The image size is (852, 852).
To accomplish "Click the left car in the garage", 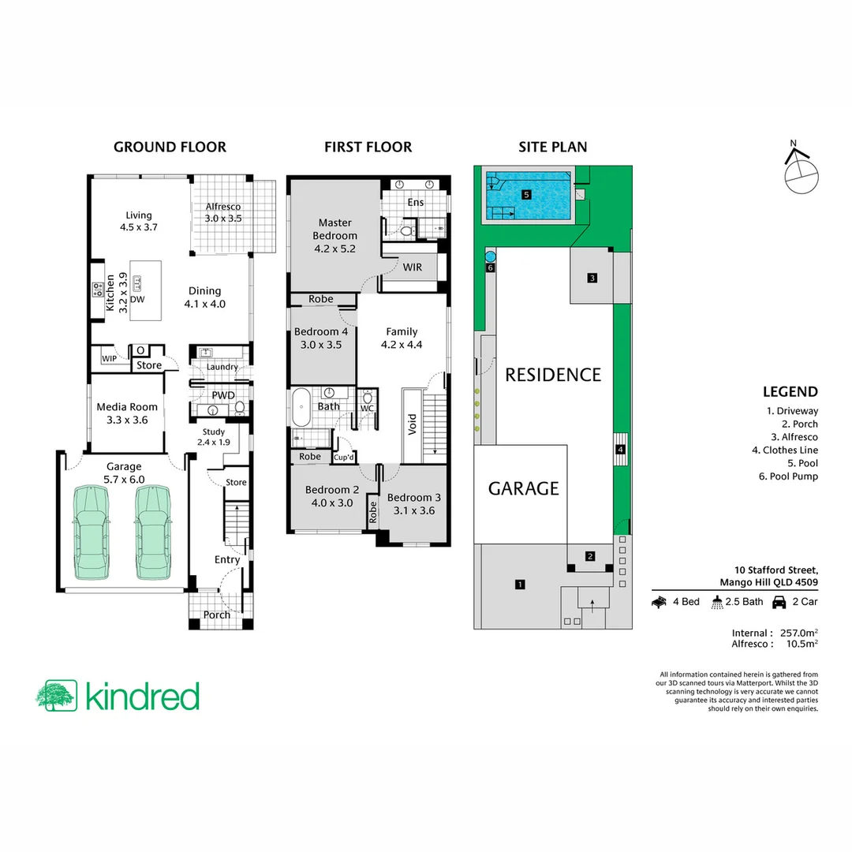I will [90, 532].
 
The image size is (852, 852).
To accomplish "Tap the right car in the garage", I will [153, 532].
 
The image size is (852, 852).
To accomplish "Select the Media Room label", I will [127, 413].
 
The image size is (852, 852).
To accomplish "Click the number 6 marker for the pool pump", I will [490, 268].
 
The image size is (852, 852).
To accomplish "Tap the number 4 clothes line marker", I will [621, 450].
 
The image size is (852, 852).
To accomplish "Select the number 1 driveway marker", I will [519, 585].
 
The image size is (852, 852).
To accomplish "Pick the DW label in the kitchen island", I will [136, 300].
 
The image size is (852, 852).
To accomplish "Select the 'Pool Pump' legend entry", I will [792, 476].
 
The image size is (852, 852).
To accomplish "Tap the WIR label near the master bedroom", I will [412, 267].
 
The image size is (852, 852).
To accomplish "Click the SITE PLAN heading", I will [552, 147].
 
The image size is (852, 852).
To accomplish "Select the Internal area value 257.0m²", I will [798, 633].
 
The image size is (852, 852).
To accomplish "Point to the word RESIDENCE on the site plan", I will [553, 375].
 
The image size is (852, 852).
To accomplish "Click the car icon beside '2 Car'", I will [779, 602].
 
